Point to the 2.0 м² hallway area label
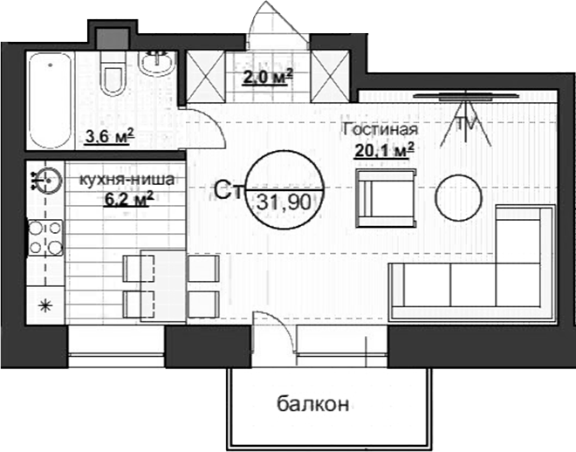pos(266,77)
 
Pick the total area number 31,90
pos(285,200)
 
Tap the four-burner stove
pos(45,236)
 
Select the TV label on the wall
pos(469,123)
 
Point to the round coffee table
pos(457,197)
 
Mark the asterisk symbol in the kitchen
pos(46,305)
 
